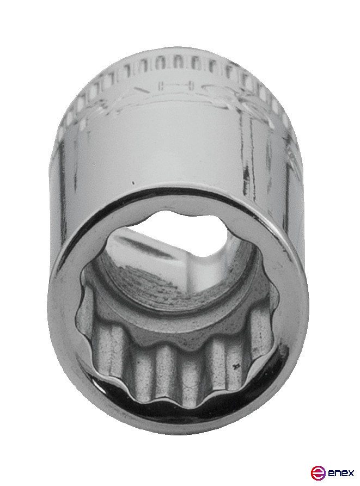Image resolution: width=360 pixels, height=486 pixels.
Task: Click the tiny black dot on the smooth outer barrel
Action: coord(132,183)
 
